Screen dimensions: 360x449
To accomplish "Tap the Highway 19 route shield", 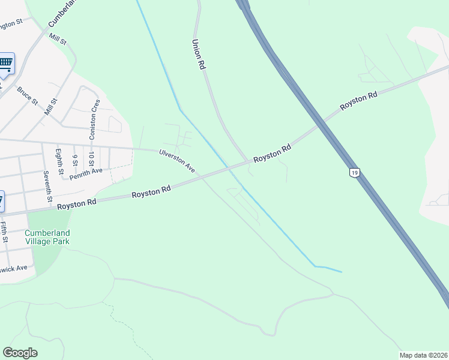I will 355,173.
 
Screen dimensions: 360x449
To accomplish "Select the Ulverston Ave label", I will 177,161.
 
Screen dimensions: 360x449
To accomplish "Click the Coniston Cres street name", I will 94,119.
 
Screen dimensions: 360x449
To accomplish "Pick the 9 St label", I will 75,160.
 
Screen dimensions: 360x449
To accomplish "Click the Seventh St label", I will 47,185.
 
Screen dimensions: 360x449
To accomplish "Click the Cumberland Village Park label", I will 47,237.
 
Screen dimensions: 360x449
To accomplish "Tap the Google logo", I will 20,352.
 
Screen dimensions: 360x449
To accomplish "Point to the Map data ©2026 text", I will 423,355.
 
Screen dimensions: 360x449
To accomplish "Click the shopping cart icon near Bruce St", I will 5,63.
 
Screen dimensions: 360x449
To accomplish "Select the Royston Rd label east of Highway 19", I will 358,101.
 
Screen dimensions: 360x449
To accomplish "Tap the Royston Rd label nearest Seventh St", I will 77,204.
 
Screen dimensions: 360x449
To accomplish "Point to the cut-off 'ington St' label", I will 11,23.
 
